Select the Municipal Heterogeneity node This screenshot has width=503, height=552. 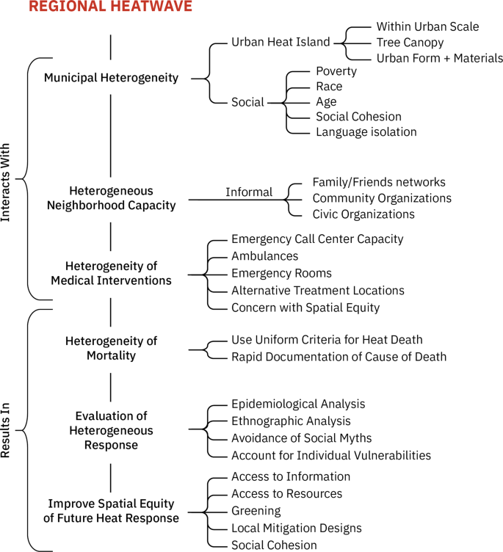tap(111, 77)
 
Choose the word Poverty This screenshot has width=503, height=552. tap(336, 71)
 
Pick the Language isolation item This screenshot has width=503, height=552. tap(366, 132)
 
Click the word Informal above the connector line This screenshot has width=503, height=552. tap(248, 192)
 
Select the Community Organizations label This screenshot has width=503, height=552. tap(382, 198)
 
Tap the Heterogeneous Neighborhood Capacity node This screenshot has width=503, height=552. tap(111, 197)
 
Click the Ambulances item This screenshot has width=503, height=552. tap(264, 256)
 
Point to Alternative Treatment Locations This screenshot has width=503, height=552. tap(317, 290)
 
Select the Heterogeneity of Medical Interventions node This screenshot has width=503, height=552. tap(111, 273)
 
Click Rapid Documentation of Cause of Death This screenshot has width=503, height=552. tap(339, 357)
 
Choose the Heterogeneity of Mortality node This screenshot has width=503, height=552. tap(111, 348)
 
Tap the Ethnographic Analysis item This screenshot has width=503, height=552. tap(291, 421)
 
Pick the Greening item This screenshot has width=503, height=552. tap(256, 510)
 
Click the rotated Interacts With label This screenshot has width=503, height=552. tap(7, 178)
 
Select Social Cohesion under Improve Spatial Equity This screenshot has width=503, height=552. tap(274, 545)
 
